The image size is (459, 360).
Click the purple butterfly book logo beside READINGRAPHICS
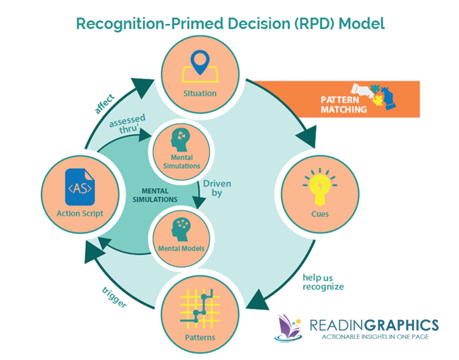[291, 327]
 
